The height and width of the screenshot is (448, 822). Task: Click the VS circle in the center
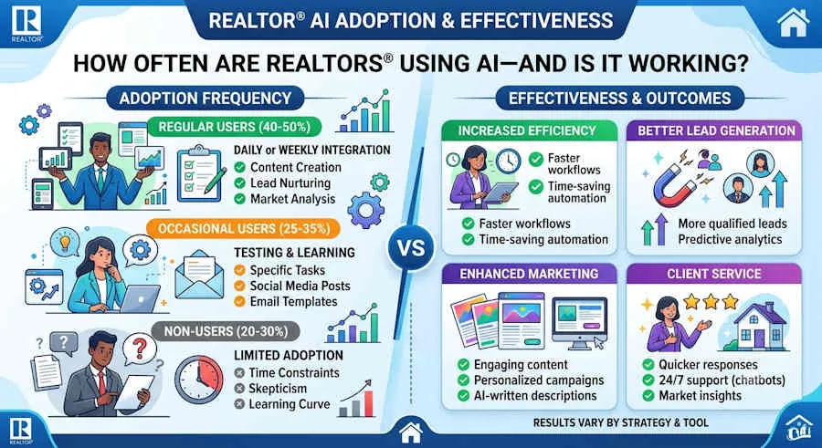(412, 247)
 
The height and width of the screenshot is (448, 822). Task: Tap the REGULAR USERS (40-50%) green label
(235, 127)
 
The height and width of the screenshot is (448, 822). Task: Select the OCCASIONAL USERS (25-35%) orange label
(244, 228)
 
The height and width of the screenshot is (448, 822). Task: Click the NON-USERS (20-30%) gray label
(226, 331)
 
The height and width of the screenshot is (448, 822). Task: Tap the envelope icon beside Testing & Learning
(199, 275)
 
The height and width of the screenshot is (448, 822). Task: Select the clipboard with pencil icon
(201, 173)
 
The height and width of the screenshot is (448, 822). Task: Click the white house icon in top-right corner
(793, 22)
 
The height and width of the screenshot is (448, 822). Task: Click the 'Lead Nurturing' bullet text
(290, 182)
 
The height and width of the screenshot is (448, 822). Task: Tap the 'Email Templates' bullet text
(293, 301)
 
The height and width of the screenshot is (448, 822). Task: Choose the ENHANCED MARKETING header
(529, 274)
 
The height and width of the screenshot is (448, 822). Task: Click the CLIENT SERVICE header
(714, 274)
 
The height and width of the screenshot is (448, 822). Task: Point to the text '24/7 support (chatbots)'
(722, 380)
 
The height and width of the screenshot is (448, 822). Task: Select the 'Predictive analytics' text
(730, 239)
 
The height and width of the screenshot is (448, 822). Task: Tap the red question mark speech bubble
(139, 349)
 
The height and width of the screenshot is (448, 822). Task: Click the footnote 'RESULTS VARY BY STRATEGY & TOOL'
(621, 422)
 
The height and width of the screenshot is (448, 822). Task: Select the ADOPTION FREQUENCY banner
(205, 98)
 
